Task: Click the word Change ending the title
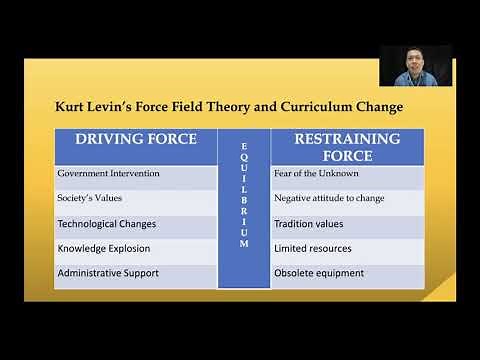point(388,105)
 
